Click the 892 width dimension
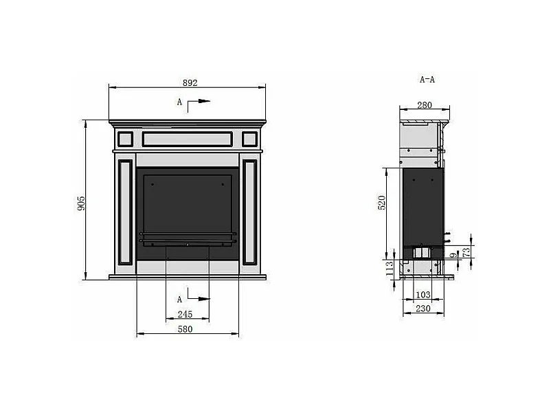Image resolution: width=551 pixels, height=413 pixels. (x=190, y=82)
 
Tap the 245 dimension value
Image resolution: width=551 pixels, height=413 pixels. (x=184, y=315)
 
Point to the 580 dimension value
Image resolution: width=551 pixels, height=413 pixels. (x=185, y=329)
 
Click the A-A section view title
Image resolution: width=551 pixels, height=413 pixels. (x=427, y=80)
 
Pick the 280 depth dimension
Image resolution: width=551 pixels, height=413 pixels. (x=424, y=105)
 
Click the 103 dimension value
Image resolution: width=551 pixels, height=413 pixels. (x=423, y=295)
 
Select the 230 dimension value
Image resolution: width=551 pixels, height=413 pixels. (x=423, y=309)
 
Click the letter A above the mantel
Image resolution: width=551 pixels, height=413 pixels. (x=179, y=102)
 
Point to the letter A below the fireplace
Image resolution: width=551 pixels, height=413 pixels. (x=179, y=300)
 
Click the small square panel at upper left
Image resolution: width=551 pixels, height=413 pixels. (x=124, y=139)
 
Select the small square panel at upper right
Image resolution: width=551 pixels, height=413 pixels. (x=250, y=139)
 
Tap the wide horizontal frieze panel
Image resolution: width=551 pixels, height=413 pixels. (x=187, y=139)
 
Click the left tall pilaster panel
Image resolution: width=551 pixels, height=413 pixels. (x=125, y=213)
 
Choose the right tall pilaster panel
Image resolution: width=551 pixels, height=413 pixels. (x=249, y=213)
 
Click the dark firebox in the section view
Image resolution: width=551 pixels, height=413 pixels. (x=423, y=206)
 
